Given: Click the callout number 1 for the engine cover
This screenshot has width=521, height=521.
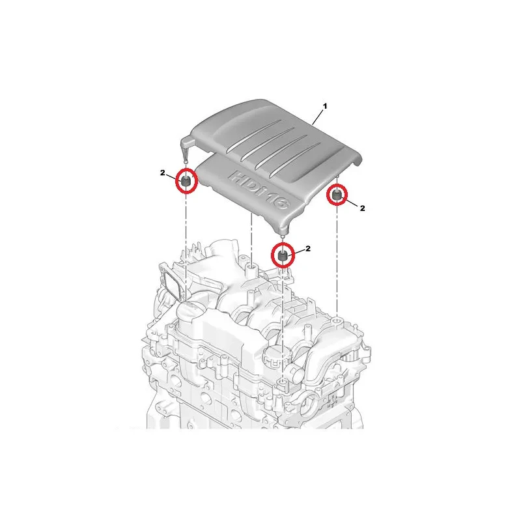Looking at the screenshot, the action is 325,106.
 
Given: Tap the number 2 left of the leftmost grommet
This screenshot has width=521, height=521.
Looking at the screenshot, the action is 162,173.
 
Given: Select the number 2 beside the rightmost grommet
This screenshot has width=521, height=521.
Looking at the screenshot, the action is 362,208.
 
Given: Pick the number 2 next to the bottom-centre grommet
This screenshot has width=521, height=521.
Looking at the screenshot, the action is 307,248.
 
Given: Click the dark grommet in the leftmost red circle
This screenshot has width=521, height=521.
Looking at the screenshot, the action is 186,182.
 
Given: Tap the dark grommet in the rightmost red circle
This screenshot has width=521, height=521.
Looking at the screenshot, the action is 337,195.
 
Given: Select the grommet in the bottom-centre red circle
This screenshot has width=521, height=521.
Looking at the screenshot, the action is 283,256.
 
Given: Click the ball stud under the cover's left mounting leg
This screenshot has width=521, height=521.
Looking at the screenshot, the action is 186,162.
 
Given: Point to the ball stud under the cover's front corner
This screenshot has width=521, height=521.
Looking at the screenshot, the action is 283,236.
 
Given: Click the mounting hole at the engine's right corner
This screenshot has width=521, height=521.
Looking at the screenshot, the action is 337,321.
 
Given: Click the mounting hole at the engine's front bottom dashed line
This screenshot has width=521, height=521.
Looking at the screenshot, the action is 283,383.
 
